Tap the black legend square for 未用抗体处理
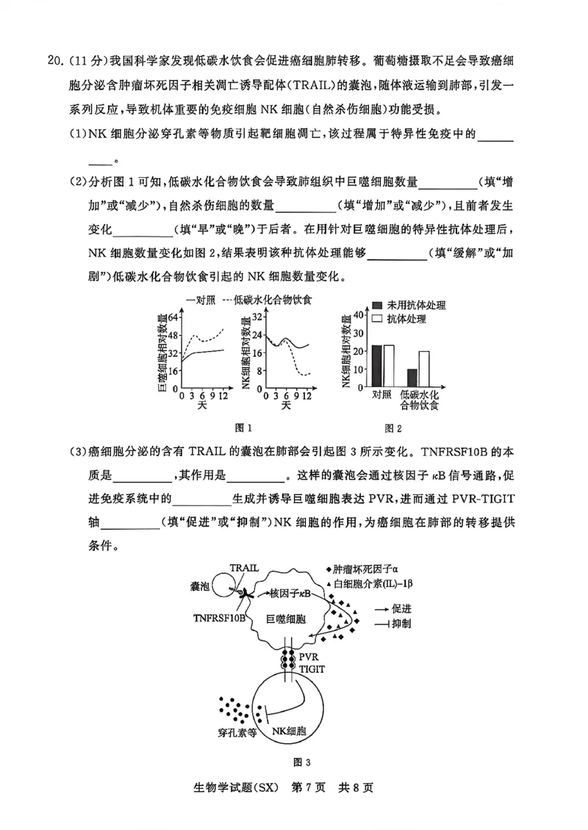coord(377,305)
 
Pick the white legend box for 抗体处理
coord(377,320)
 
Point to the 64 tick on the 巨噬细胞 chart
coord(174,317)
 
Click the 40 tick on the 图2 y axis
coord(359,314)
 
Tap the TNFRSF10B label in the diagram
coord(220,618)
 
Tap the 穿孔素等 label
coord(237,732)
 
